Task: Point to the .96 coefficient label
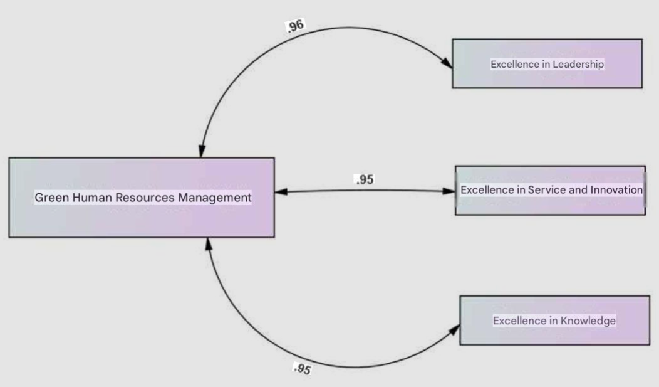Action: coord(295,26)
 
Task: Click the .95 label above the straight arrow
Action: coord(364,180)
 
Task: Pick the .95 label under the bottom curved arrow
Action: coord(302,369)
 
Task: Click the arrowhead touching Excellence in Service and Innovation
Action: coord(449,191)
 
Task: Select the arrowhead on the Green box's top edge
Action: coord(202,151)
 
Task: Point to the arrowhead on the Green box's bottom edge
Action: coord(209,243)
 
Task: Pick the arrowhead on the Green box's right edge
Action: coord(281,191)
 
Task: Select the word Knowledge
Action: coord(588,321)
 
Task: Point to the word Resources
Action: coord(144,198)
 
